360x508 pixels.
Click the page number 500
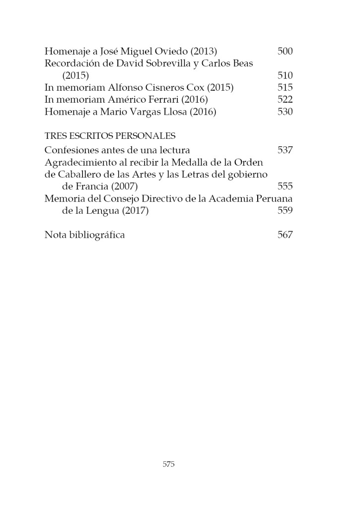click(x=285, y=51)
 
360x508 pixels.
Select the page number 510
click(x=285, y=75)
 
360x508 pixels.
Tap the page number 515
click(x=285, y=88)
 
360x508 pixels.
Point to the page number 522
click(x=285, y=100)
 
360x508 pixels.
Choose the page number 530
click(x=285, y=112)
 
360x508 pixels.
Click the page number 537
click(x=285, y=150)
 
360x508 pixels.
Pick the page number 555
click(x=285, y=187)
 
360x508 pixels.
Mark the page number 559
click(x=285, y=211)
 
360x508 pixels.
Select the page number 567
click(x=285, y=235)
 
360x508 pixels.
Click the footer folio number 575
click(x=169, y=464)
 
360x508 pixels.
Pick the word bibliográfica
click(x=96, y=235)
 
